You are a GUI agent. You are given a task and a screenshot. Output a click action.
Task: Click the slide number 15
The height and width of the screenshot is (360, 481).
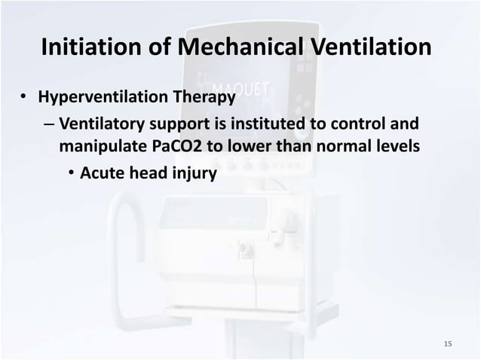(448, 344)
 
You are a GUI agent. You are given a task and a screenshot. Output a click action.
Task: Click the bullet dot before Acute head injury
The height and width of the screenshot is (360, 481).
(69, 174)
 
